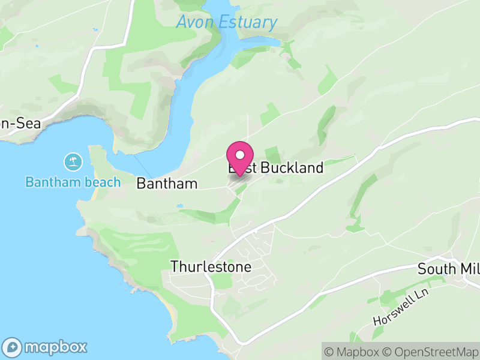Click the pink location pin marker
240,158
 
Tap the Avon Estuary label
227,23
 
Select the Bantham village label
167,184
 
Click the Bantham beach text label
73,182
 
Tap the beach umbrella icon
73,161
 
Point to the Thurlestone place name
211,266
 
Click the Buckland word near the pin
292,168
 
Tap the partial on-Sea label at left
20,124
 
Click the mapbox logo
46,347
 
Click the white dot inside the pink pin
240,154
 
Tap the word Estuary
247,23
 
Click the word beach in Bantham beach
102,182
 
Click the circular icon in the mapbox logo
12,347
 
